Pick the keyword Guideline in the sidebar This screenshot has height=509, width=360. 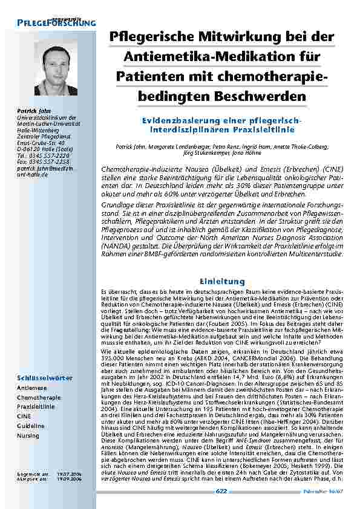pyautogui.click(x=31, y=426)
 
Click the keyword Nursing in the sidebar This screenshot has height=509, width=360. pyautogui.click(x=28, y=435)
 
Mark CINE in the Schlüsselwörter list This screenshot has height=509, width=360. pyautogui.click(x=24, y=417)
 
